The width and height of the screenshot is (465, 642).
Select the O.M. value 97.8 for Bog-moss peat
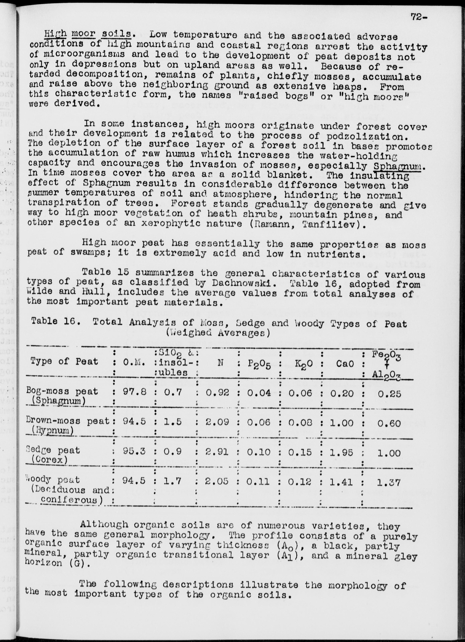click(x=135, y=392)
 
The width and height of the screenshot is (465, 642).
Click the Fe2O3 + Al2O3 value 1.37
click(x=389, y=482)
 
